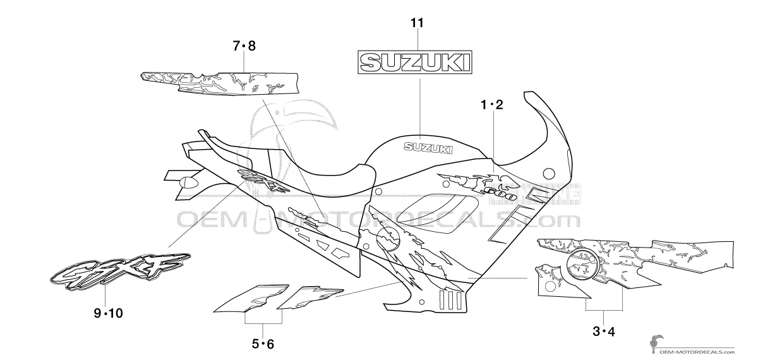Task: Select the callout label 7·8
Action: pos(244,46)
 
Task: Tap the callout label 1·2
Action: pos(492,105)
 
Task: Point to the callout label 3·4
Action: pos(603,332)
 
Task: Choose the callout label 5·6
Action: pos(263,344)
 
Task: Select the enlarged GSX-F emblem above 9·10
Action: pos(120,272)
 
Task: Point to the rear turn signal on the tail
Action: pos(188,182)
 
